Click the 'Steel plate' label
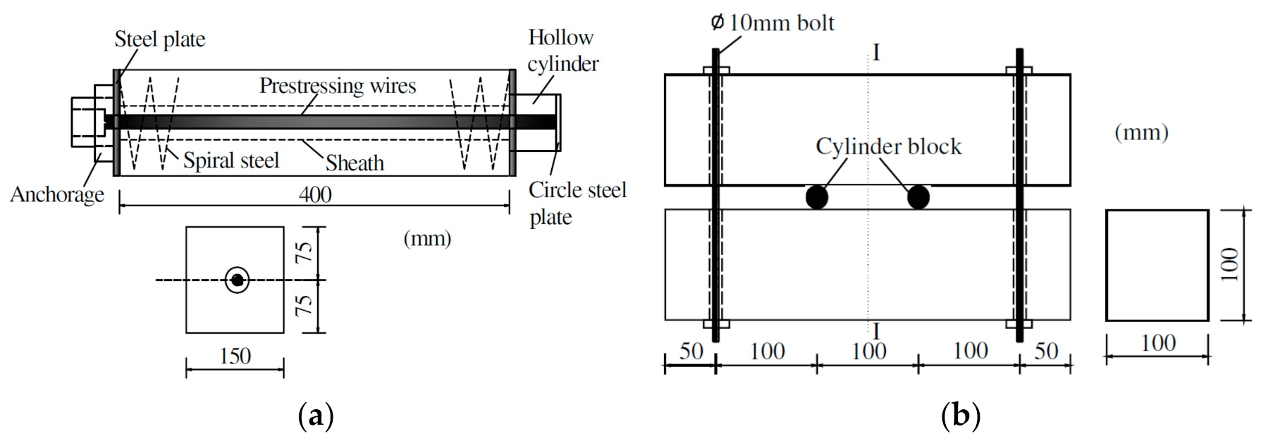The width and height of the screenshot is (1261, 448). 159,39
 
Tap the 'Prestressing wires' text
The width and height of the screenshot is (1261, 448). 338,86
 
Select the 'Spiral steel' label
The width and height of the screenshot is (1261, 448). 231,161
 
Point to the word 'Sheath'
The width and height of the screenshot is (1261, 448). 355,163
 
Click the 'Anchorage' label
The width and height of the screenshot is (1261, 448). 57,194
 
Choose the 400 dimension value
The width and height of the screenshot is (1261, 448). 314,194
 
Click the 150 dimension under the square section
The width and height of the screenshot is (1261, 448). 235,356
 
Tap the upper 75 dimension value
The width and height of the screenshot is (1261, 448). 304,252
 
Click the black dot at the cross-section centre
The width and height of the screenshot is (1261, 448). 238,280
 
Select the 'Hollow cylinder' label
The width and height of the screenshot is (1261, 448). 562,51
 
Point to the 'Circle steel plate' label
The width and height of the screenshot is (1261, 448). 577,204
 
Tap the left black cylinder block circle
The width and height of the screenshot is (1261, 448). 816,197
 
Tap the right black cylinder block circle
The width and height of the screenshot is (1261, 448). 918,197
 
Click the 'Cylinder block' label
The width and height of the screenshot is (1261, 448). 888,147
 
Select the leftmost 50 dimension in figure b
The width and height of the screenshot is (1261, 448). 691,351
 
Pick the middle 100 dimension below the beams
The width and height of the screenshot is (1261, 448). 868,351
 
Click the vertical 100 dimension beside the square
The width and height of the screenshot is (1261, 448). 1229,264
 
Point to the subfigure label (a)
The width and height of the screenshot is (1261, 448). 315,416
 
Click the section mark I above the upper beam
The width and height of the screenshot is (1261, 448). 876,53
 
